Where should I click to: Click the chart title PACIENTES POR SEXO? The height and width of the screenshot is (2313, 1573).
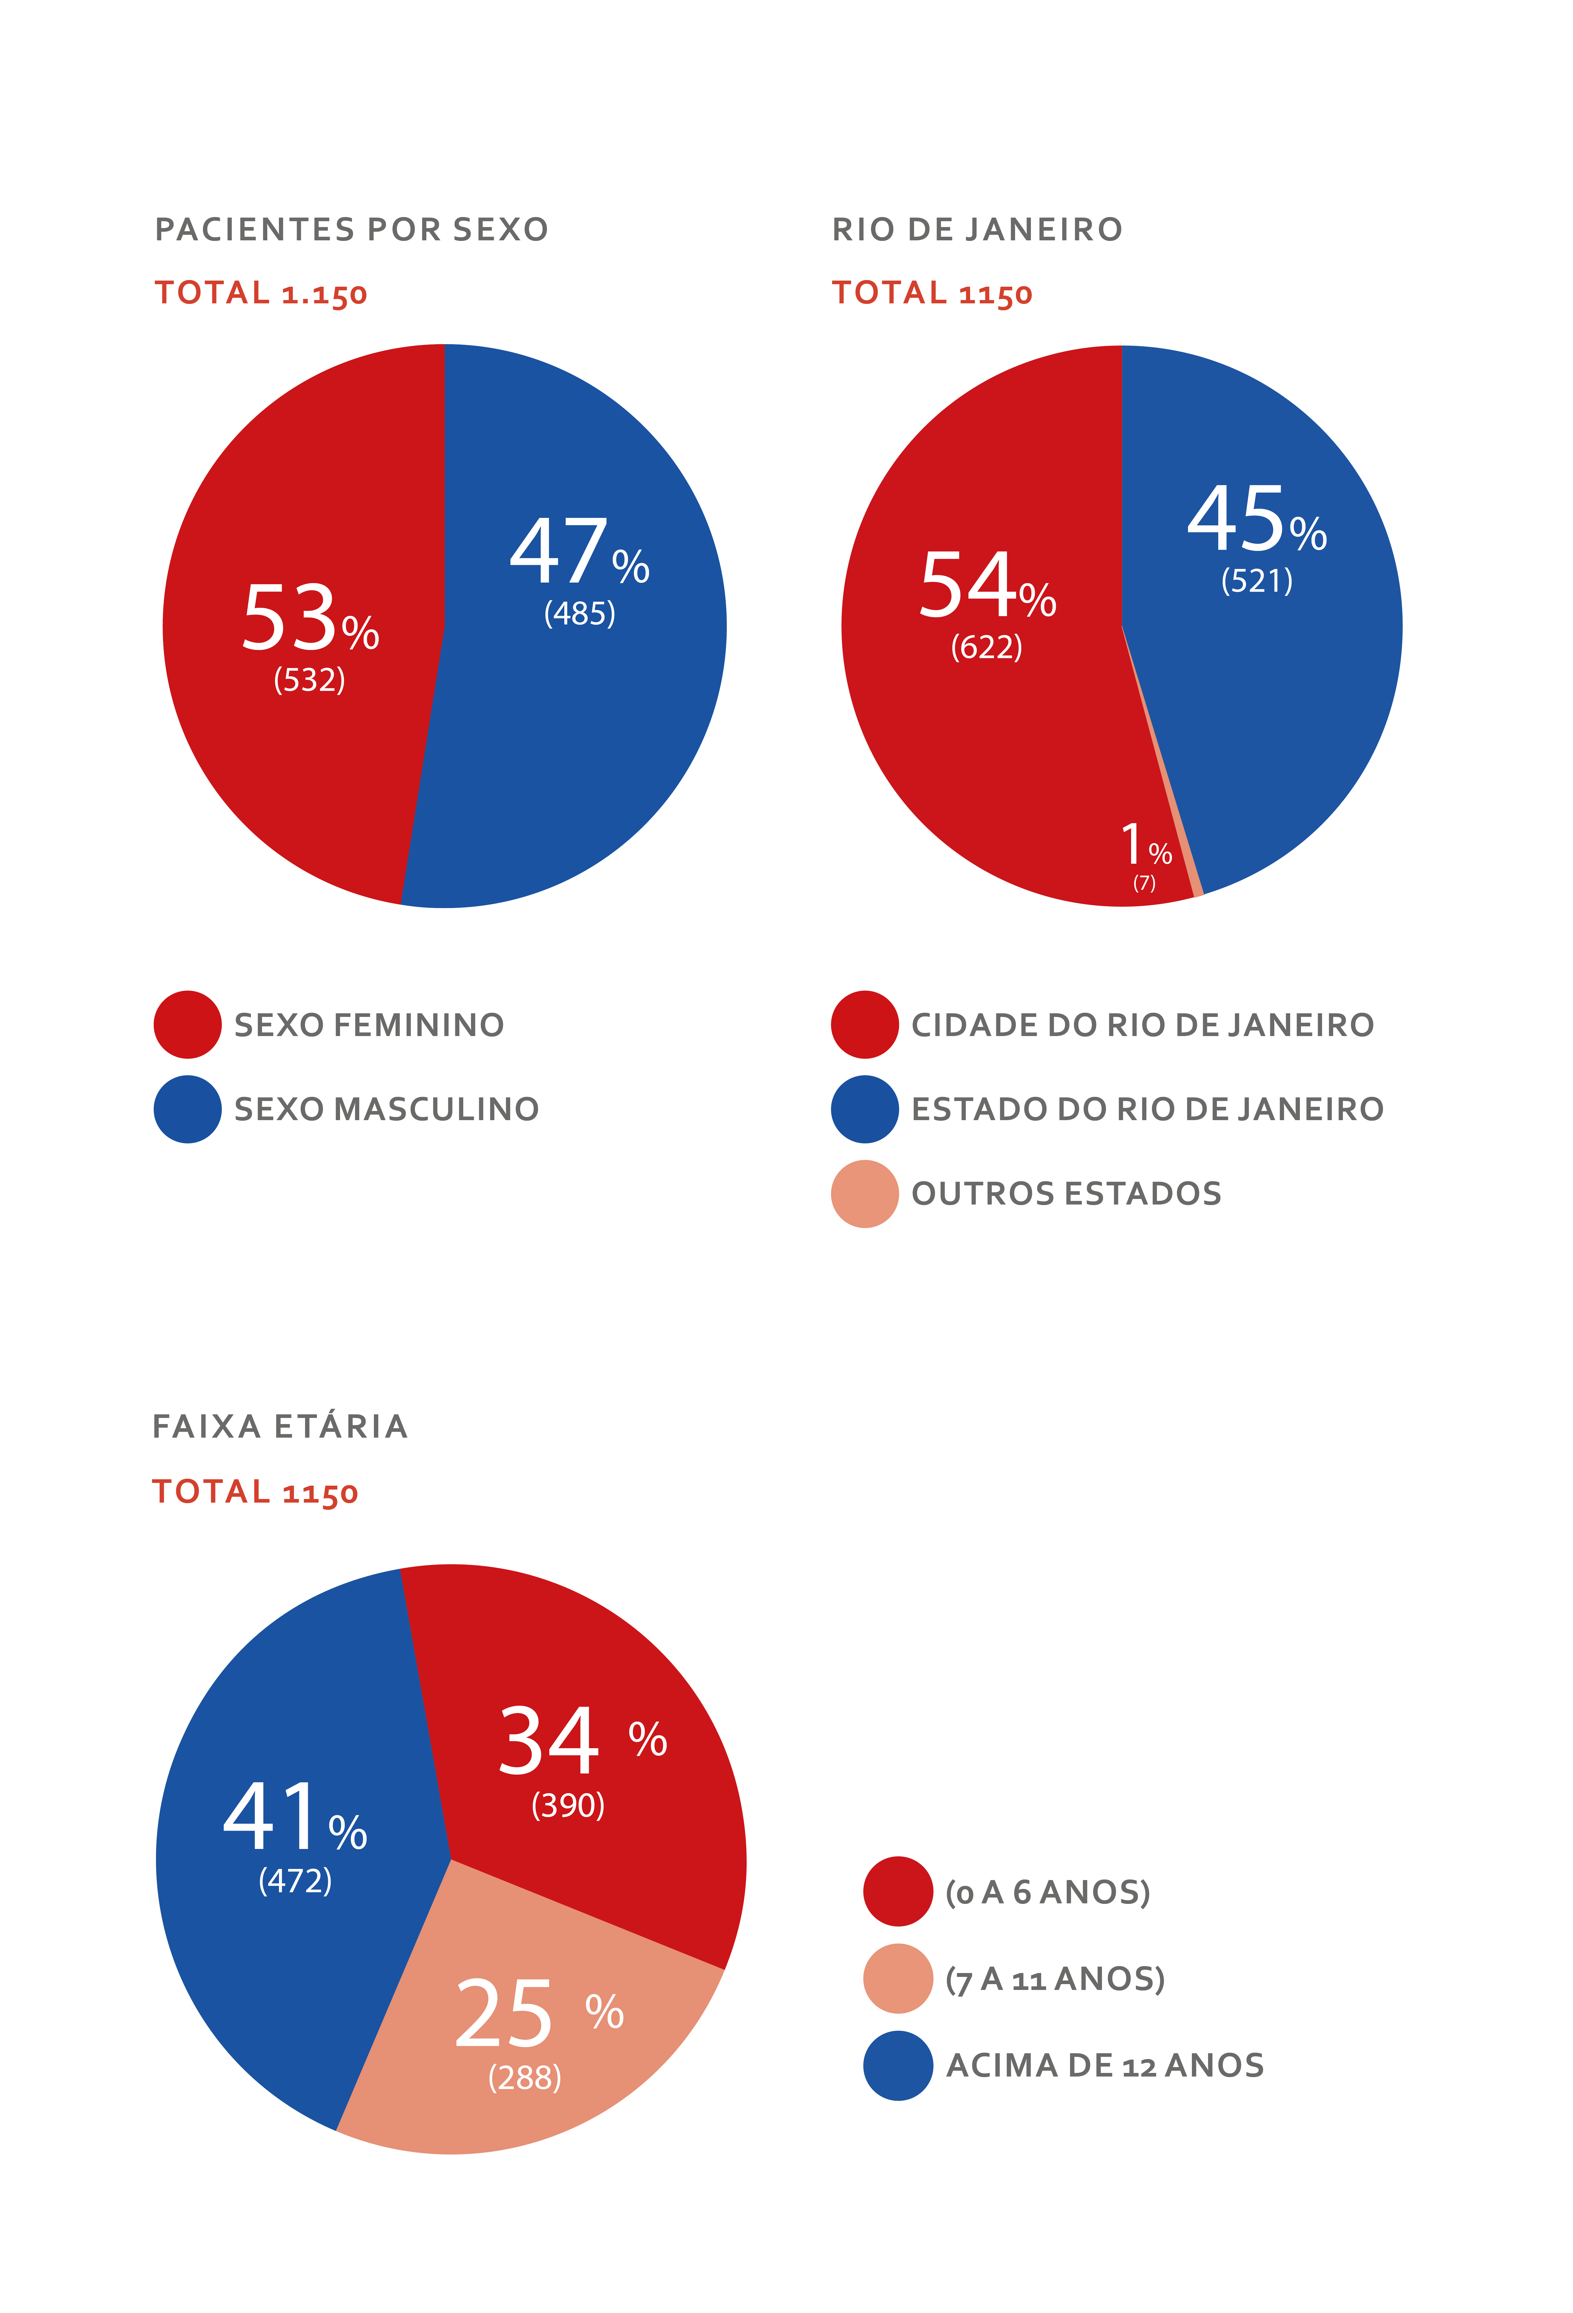(x=351, y=230)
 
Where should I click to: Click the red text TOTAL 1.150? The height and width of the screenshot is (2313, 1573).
(x=261, y=294)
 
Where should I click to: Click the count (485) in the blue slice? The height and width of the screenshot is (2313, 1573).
(x=579, y=613)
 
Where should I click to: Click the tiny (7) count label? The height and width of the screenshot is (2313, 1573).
(x=1144, y=883)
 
